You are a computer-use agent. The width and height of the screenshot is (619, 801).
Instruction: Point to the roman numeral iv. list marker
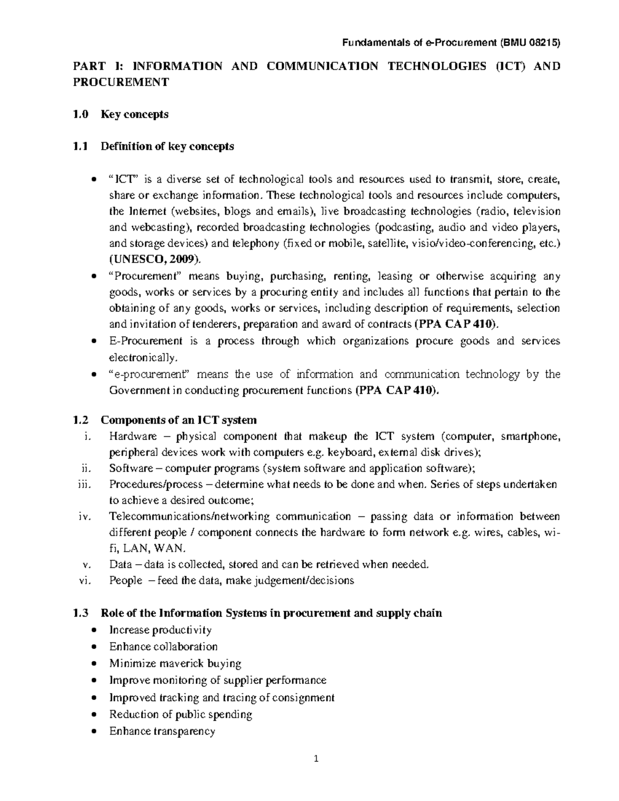[84, 517]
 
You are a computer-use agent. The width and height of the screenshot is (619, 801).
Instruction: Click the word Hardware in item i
[133, 436]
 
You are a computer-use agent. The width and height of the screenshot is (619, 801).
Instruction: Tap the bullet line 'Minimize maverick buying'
[175, 663]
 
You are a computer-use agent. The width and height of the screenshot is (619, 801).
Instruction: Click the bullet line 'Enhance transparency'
[162, 731]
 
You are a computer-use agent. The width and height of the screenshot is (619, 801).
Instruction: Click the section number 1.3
[81, 613]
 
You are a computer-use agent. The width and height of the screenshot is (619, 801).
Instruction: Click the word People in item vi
[125, 580]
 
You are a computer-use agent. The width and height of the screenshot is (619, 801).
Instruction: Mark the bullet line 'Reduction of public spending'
[181, 714]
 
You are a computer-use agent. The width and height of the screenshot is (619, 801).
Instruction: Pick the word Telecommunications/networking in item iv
[189, 517]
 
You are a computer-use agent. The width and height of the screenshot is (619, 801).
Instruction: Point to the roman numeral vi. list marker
[84, 580]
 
